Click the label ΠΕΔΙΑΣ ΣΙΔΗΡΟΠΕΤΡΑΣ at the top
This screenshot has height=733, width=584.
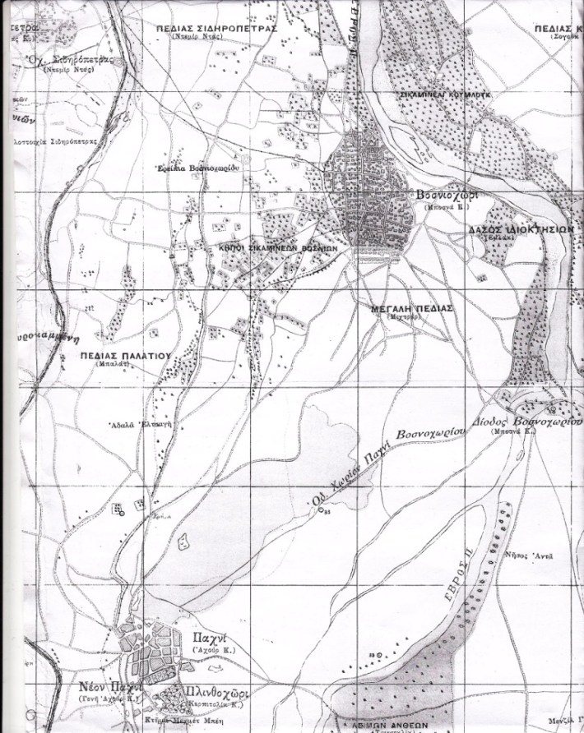coord(219,27)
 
